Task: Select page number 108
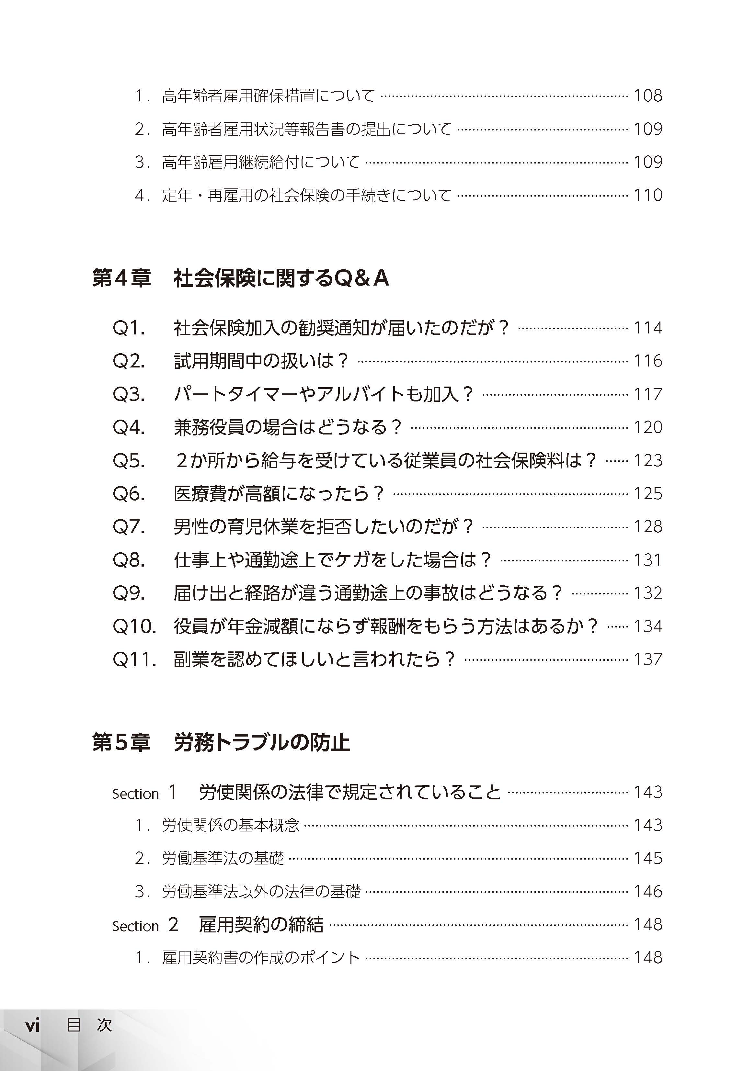tap(648, 96)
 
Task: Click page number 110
tap(648, 195)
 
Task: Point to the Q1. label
tap(129, 328)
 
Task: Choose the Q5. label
tap(129, 461)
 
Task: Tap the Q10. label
tap(134, 626)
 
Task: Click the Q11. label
tap(134, 660)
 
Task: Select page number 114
tap(648, 328)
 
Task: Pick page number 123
tap(648, 461)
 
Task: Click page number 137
tap(648, 660)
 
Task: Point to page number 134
tap(648, 626)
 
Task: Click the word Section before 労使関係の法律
tap(135, 794)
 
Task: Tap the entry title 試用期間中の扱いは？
tap(261, 361)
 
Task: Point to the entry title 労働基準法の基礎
tap(223, 859)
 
